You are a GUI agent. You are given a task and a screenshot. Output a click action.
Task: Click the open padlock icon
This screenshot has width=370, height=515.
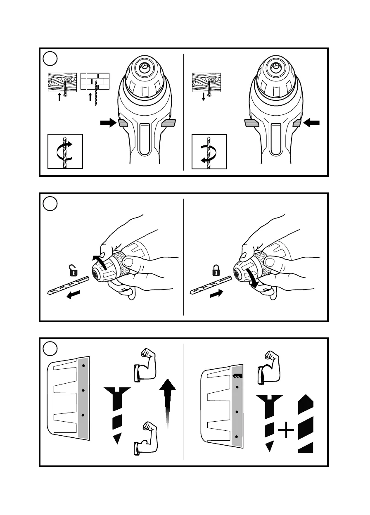tap(73, 271)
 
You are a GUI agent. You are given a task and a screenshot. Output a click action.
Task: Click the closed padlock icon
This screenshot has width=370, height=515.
tap(215, 271)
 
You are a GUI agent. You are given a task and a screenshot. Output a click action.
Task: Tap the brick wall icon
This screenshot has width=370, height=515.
tap(95, 82)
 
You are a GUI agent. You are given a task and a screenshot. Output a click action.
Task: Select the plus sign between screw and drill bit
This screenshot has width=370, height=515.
tap(286, 432)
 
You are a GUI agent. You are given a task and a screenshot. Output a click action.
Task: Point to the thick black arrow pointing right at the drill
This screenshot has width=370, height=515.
tap(108, 123)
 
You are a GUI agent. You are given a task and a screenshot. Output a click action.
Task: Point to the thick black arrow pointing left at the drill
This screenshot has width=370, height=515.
tap(312, 123)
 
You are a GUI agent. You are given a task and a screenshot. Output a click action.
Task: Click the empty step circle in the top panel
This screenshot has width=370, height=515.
tap(50, 59)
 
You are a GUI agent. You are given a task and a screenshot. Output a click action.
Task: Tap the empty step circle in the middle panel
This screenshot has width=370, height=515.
tap(50, 203)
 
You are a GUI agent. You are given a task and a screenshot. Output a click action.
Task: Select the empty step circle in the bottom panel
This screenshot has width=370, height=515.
tap(50, 348)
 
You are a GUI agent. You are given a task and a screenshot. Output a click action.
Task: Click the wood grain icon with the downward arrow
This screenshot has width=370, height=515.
tap(206, 82)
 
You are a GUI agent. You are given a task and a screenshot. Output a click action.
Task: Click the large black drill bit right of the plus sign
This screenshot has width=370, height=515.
tap(306, 423)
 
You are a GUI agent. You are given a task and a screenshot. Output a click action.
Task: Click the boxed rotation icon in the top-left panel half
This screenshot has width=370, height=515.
tap(65, 151)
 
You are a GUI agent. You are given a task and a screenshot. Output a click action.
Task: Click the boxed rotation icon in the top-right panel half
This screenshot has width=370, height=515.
tap(209, 152)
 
